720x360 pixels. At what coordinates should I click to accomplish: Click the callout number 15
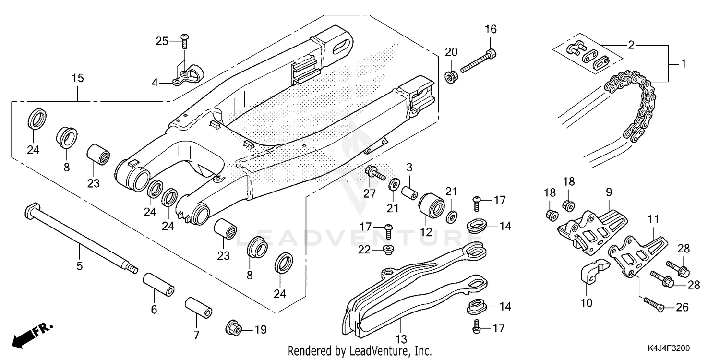tap(78, 78)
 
